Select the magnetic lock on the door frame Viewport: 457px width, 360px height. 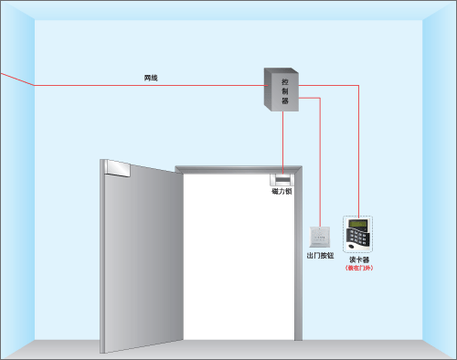(282, 178)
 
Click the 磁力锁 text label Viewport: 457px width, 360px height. (282, 192)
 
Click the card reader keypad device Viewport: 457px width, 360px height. (358, 236)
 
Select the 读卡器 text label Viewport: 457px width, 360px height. (359, 260)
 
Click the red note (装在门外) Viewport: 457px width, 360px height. (359, 269)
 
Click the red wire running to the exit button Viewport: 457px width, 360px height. (320, 164)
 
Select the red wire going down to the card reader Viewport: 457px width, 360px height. (359, 155)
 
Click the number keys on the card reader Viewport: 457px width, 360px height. (361, 239)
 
